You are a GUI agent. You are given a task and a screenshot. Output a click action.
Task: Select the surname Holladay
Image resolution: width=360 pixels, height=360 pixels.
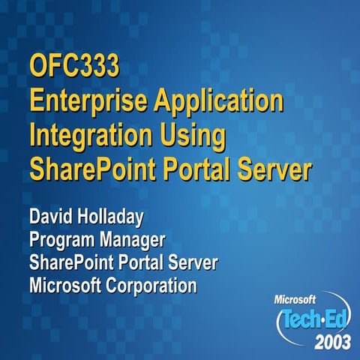pyautogui.click(x=123, y=220)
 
